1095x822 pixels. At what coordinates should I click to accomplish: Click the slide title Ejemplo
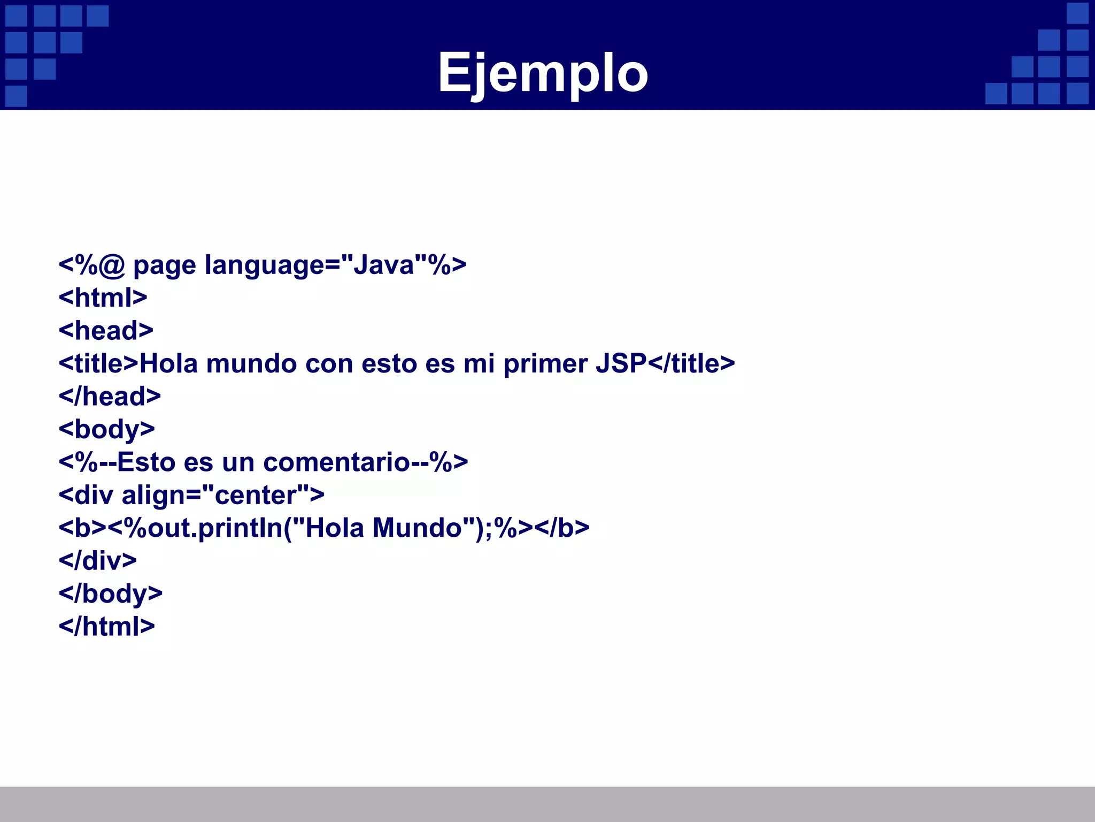click(543, 73)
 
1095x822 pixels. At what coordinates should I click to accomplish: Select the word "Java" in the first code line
click(384, 264)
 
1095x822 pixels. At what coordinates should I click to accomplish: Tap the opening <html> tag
click(103, 298)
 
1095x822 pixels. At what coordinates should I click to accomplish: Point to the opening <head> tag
click(106, 330)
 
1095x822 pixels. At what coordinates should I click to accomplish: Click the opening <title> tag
click(99, 363)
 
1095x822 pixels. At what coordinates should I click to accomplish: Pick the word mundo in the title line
click(251, 364)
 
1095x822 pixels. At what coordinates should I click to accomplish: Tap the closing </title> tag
click(692, 363)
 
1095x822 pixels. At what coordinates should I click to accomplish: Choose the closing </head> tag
click(110, 397)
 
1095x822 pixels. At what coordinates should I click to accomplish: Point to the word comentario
click(336, 462)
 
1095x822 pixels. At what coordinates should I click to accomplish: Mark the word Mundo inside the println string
click(417, 528)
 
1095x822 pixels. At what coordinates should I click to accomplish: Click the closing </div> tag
click(97, 561)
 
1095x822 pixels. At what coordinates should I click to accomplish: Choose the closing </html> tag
click(106, 627)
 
